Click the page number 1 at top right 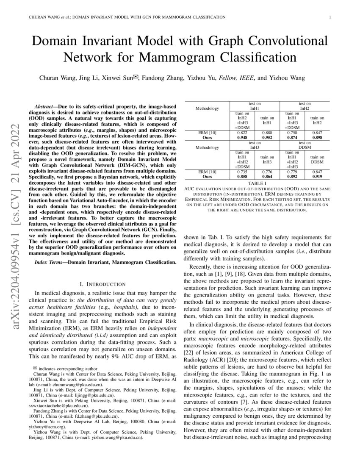click(x=330, y=17)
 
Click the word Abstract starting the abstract click(x=45, y=104)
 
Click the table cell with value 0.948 click(x=243, y=137)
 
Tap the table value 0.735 click(x=243, y=171)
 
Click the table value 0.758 click(x=292, y=132)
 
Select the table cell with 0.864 click(x=267, y=176)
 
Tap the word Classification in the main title click(x=252, y=56)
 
